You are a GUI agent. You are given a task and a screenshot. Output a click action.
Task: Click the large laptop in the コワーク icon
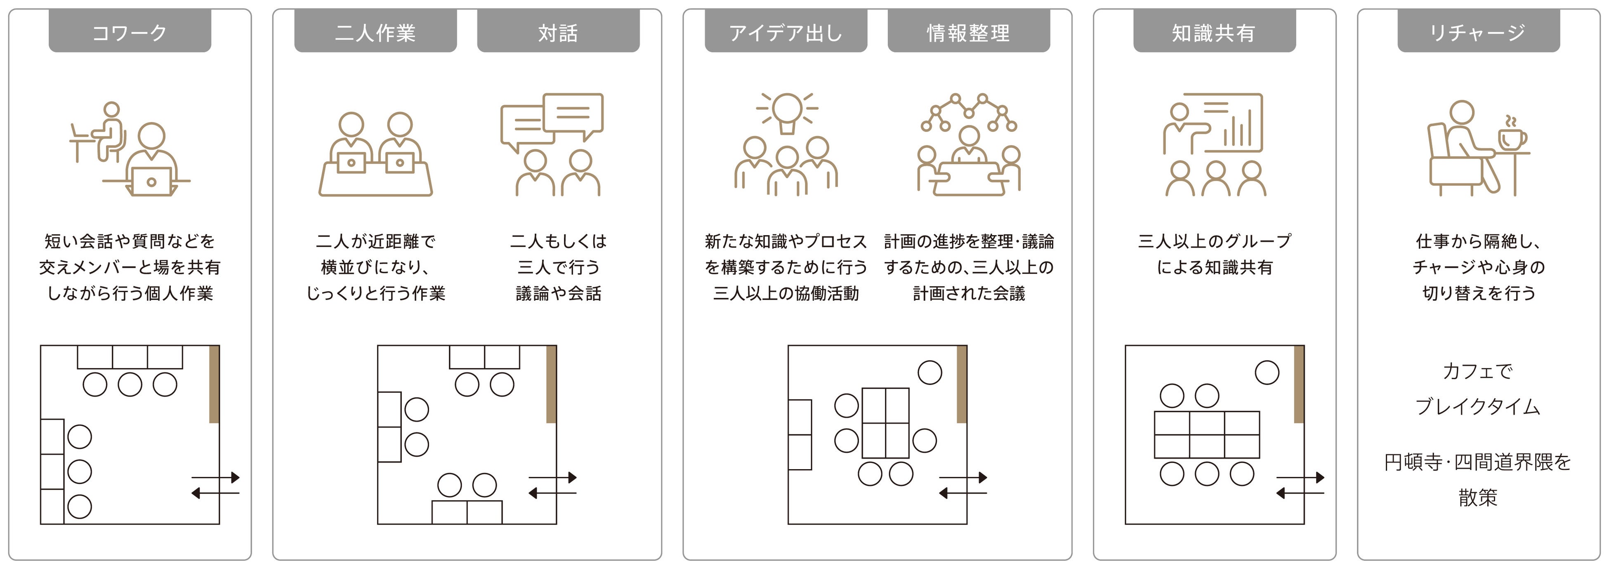click(151, 182)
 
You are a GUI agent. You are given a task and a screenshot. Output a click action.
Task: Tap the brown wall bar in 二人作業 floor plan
click(551, 384)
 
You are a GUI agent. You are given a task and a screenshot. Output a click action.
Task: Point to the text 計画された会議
click(969, 293)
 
